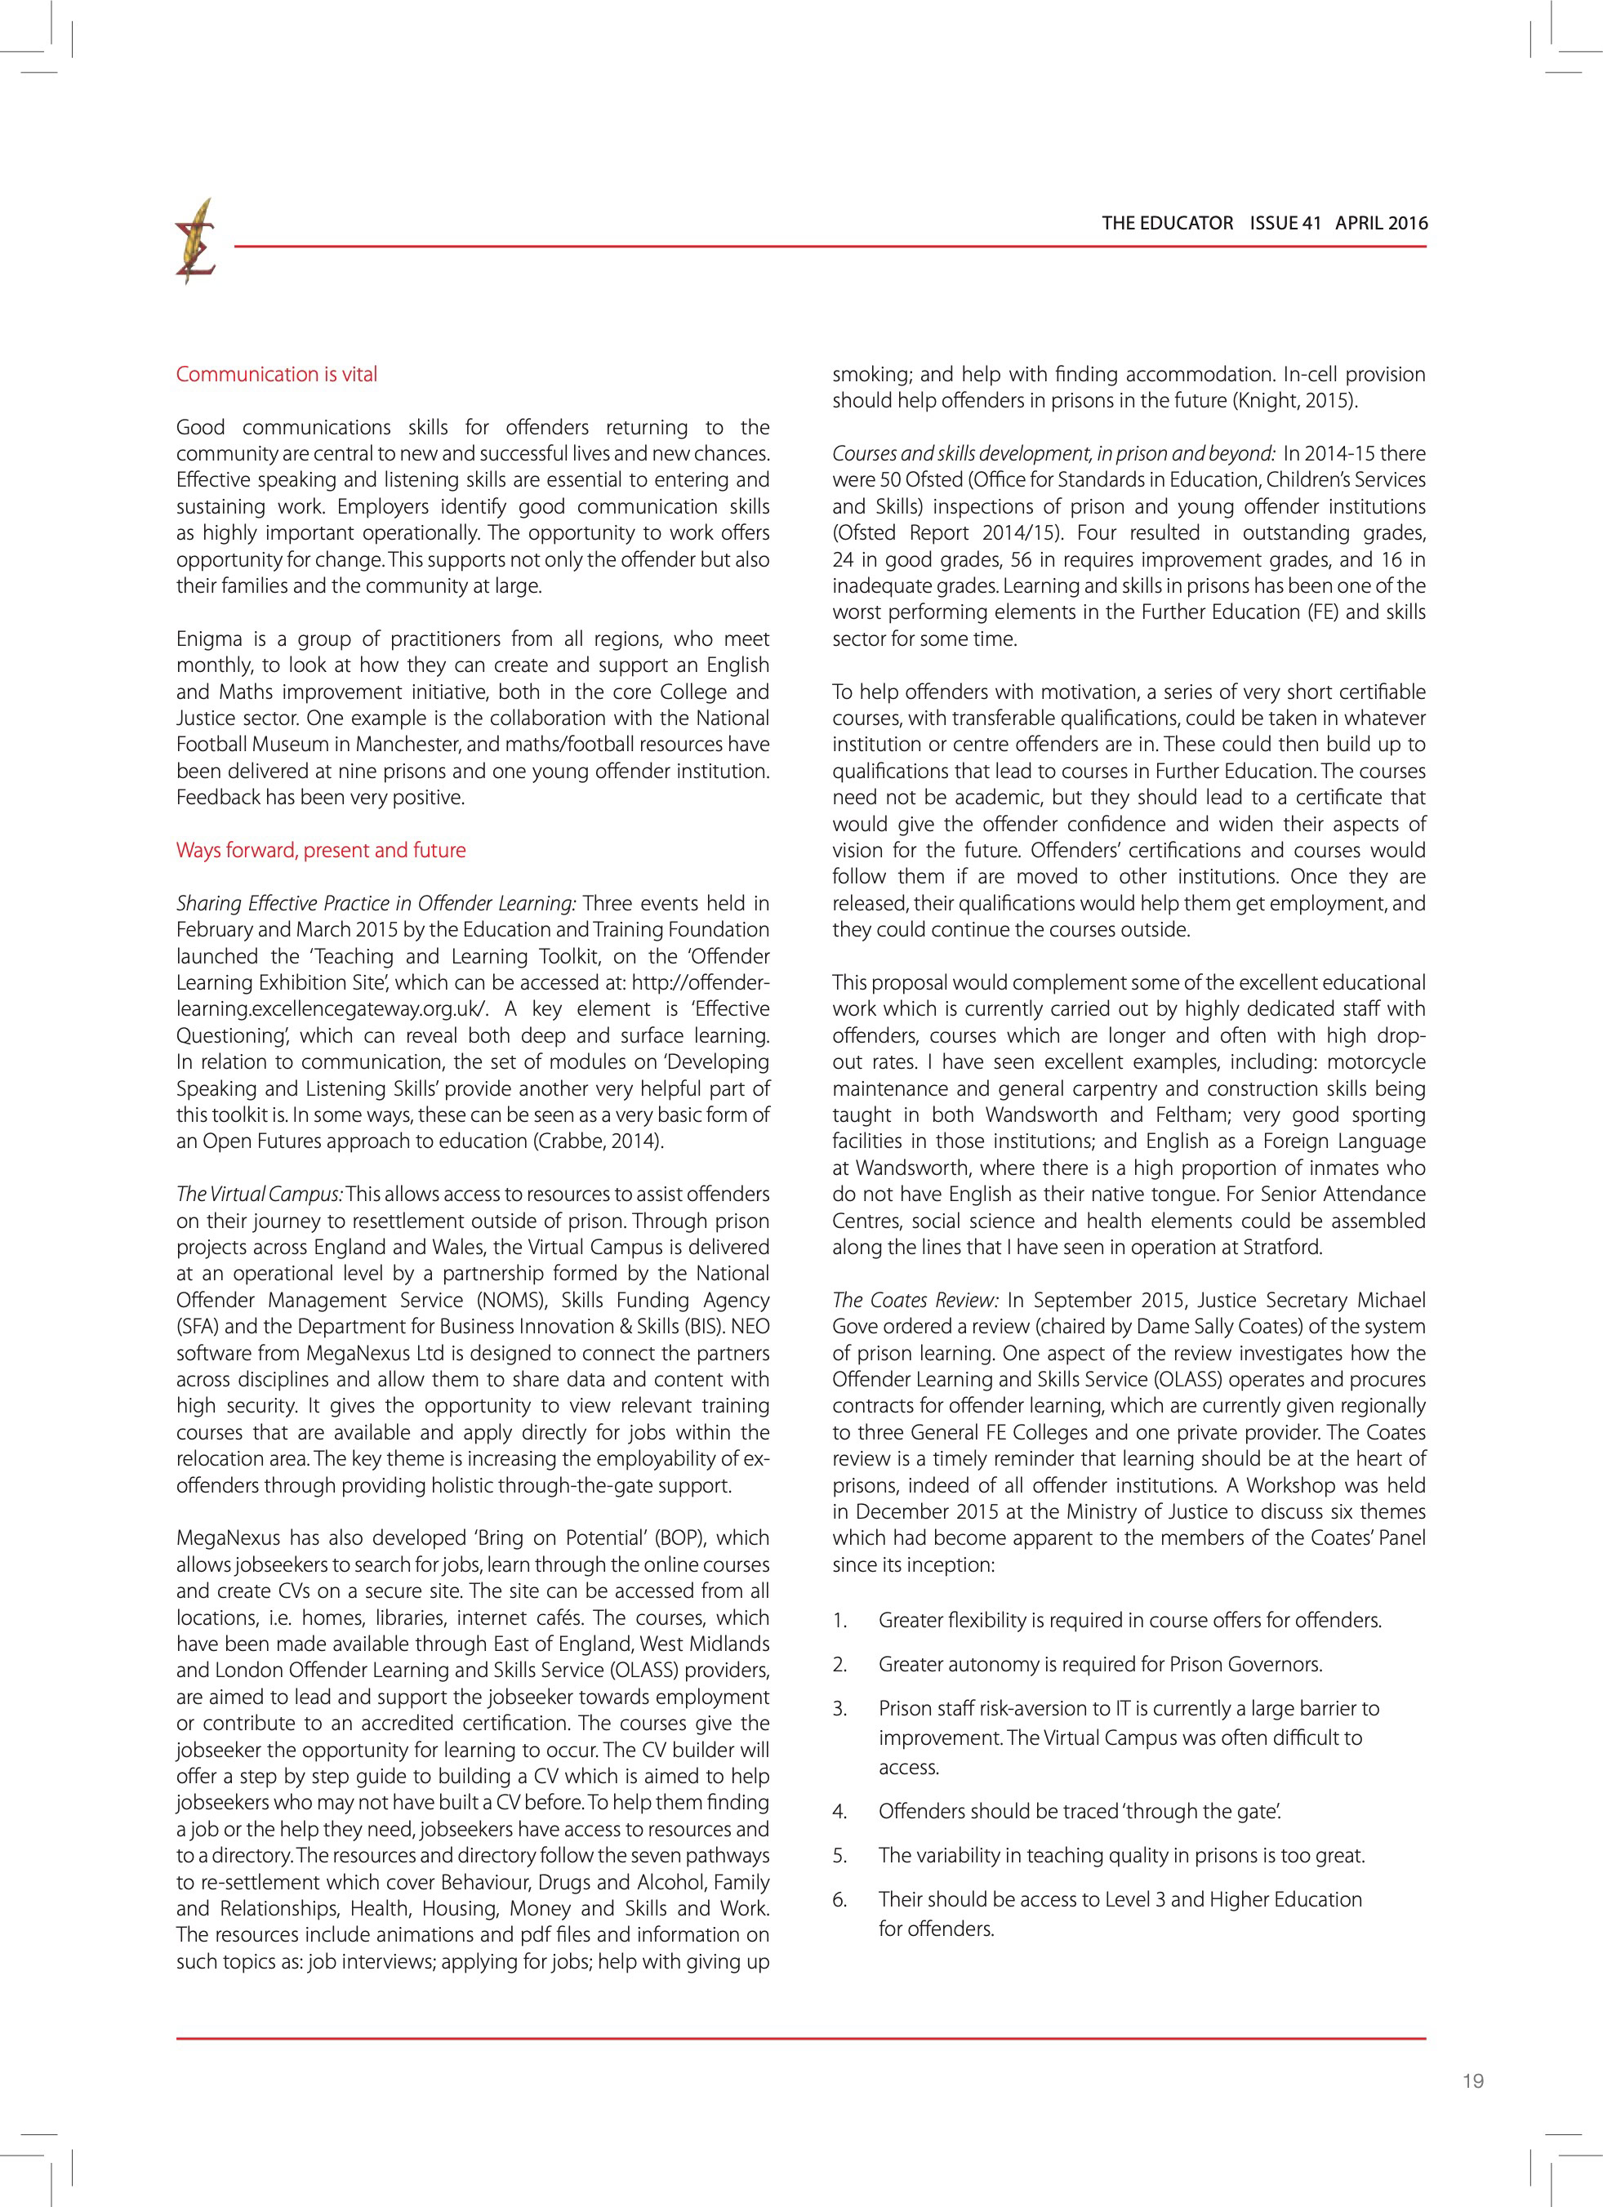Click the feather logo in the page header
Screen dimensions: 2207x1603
(x=194, y=242)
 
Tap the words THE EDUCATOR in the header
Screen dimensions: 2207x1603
(x=1167, y=223)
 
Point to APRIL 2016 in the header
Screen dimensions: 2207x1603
(x=1381, y=223)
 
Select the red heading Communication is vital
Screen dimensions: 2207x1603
(x=276, y=375)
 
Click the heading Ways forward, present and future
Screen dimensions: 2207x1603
(x=320, y=851)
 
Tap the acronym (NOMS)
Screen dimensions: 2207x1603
(x=510, y=1300)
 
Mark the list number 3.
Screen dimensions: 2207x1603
(x=840, y=1709)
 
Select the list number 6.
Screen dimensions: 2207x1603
(x=840, y=1899)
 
